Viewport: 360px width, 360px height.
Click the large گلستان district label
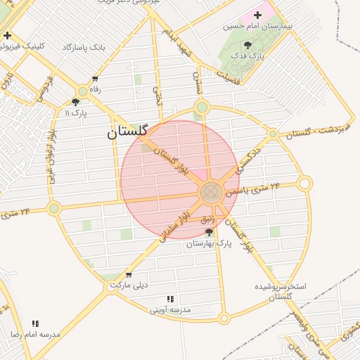(x=127, y=131)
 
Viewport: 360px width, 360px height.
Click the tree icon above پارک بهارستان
(x=209, y=231)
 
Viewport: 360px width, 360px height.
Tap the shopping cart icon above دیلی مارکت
(x=128, y=275)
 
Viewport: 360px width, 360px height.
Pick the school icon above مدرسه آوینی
(x=169, y=299)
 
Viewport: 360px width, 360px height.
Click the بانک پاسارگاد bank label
(x=84, y=47)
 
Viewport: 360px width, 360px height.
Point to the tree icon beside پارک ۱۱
(x=76, y=102)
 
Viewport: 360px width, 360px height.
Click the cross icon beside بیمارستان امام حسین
(x=257, y=15)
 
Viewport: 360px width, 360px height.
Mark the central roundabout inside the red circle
(x=212, y=192)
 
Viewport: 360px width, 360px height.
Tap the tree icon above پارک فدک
(x=247, y=45)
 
